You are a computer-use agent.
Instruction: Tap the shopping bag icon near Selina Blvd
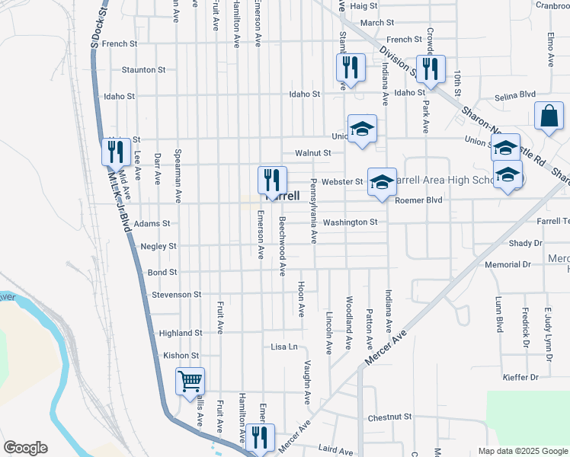(x=548, y=116)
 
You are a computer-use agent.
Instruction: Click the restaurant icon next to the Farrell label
(x=272, y=180)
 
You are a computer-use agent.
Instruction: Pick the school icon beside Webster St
(x=382, y=181)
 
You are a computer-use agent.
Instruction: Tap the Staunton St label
(x=143, y=70)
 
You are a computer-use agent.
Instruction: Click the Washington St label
(x=350, y=222)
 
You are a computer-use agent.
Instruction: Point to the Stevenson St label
(x=176, y=294)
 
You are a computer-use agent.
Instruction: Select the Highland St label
(x=181, y=333)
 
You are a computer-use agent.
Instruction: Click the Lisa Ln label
(x=283, y=347)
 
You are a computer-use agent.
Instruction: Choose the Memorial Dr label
(x=507, y=264)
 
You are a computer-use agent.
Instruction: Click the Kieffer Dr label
(x=521, y=377)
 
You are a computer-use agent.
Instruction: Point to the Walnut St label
(x=313, y=153)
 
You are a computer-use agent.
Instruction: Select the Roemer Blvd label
(x=418, y=200)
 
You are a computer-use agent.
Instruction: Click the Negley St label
(x=159, y=247)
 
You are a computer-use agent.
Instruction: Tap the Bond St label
(x=162, y=272)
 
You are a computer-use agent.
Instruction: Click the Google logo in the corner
(x=25, y=448)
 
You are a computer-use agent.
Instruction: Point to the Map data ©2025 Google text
(x=522, y=451)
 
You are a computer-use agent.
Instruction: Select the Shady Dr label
(x=526, y=243)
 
